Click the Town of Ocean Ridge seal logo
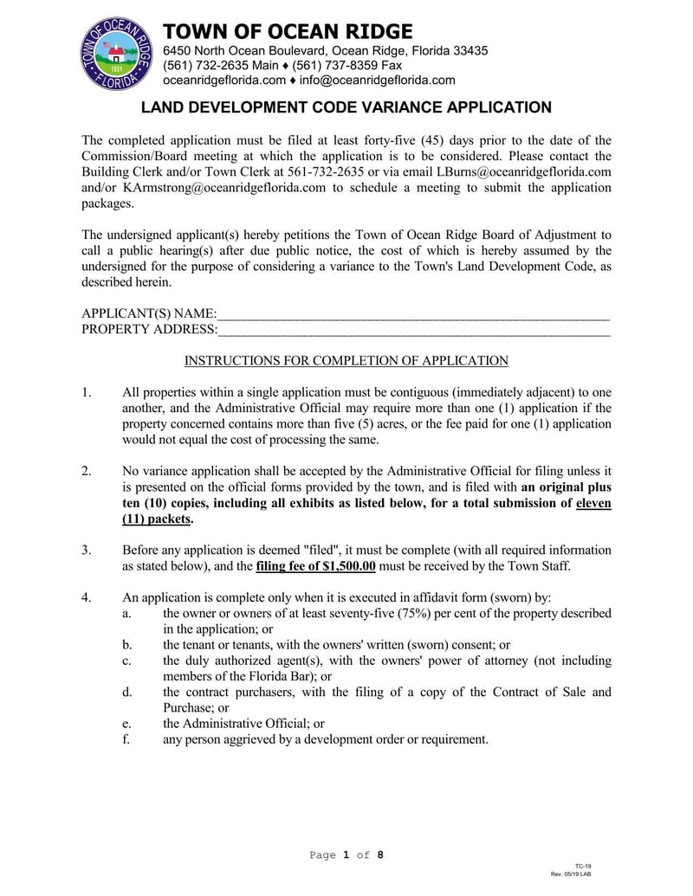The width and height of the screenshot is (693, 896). point(116,54)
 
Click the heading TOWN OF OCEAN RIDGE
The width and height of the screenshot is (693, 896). point(288,32)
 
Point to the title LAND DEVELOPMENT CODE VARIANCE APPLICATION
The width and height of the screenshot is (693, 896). point(346,107)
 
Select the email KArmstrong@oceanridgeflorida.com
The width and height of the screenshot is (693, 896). point(224,186)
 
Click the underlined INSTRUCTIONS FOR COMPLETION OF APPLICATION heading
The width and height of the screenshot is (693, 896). point(346,361)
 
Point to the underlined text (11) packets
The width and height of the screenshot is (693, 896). point(157,519)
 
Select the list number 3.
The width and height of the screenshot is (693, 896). point(86,551)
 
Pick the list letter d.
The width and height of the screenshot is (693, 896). point(126,692)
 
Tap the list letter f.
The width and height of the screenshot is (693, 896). point(126,739)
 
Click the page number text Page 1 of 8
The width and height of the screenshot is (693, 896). point(346,855)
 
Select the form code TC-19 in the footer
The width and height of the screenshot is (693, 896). point(583,866)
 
